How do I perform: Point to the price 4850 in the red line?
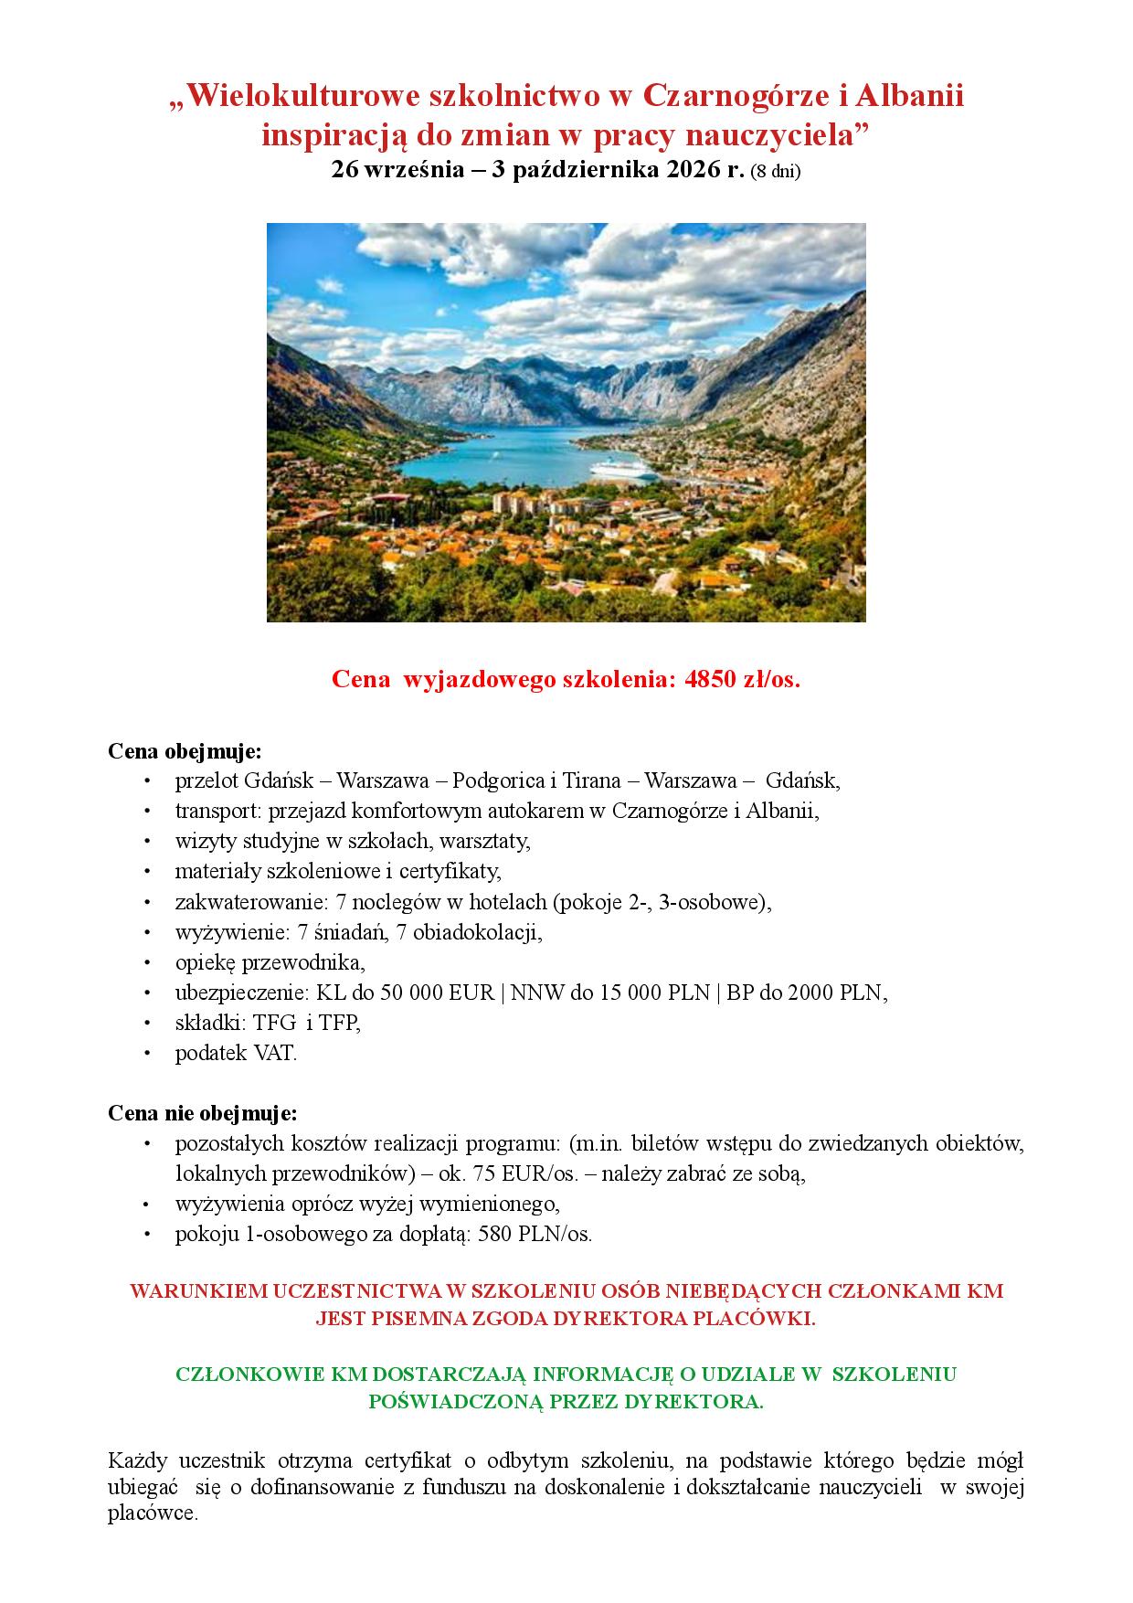pos(714,680)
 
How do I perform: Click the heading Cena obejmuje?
pos(185,751)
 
